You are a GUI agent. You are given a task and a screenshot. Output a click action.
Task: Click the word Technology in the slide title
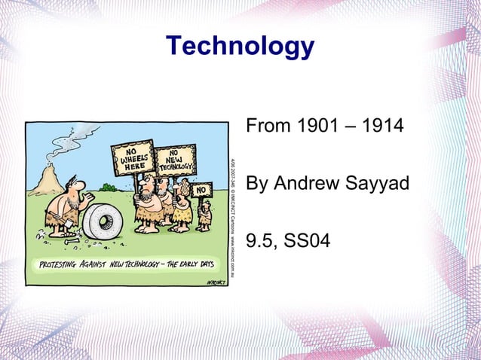click(240, 47)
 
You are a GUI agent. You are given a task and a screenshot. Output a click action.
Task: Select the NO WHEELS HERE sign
click(132, 159)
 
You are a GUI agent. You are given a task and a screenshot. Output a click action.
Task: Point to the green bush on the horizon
click(110, 186)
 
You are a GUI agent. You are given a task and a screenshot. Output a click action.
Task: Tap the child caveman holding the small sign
click(204, 215)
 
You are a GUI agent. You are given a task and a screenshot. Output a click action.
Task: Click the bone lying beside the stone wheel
click(74, 242)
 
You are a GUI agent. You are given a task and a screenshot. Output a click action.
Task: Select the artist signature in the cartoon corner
click(215, 281)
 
